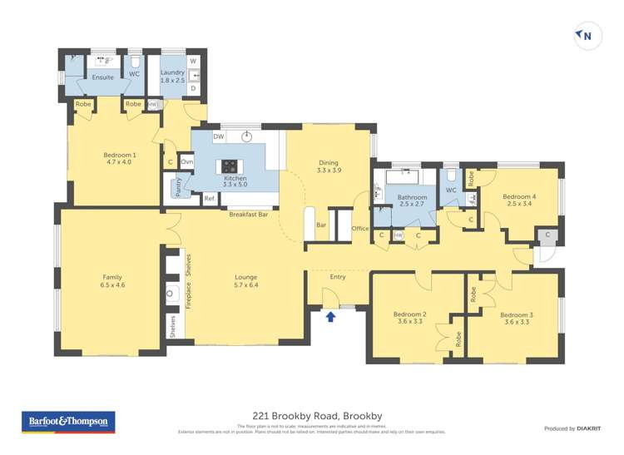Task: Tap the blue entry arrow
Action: pos(330,316)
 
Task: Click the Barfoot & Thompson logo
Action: pos(68,423)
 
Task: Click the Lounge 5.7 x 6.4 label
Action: pos(245,281)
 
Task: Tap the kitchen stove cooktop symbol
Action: pos(229,165)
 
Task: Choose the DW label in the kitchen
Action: pos(218,136)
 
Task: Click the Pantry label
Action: pos(177,187)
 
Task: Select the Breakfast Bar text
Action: pos(248,215)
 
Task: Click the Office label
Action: pos(359,228)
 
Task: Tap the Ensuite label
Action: pos(103,77)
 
